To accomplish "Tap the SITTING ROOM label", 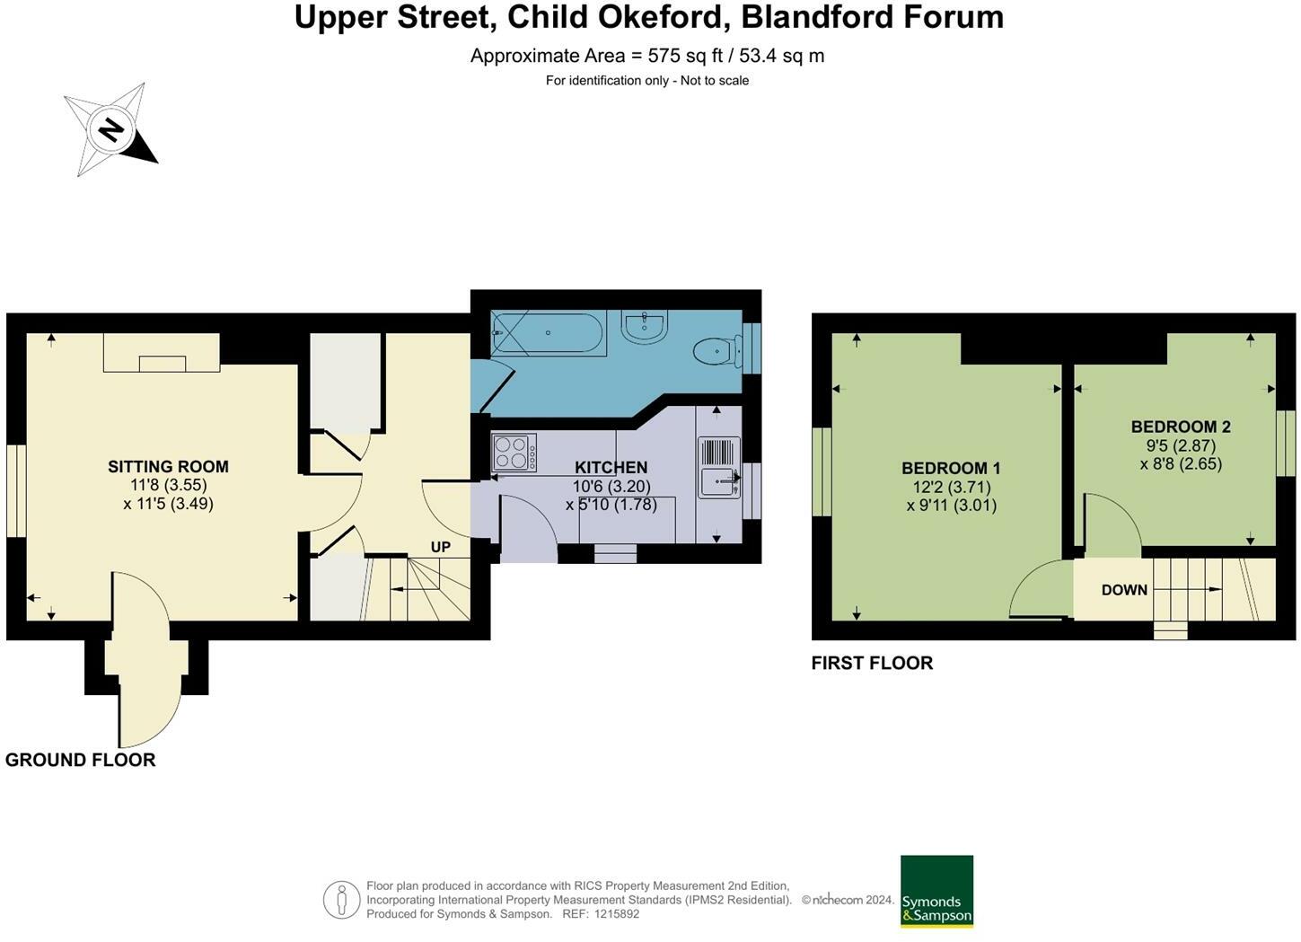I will tap(168, 466).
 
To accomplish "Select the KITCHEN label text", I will tap(611, 467).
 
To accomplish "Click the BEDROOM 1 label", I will tap(951, 468).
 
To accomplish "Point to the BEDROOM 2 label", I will tap(1180, 427).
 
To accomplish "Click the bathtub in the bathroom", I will tap(548, 332).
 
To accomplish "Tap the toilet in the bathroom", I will tap(714, 351).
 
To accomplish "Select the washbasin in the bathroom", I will tap(645, 327).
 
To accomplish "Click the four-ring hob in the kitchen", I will tap(514, 453).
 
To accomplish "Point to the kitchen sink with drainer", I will tap(718, 466).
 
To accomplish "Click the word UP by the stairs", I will tap(440, 547).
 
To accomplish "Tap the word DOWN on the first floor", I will tap(1124, 590).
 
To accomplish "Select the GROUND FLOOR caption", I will tap(81, 760).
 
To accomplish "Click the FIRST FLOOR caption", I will tap(872, 663).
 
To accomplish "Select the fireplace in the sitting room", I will tap(162, 354).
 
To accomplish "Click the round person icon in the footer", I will tap(341, 900).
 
